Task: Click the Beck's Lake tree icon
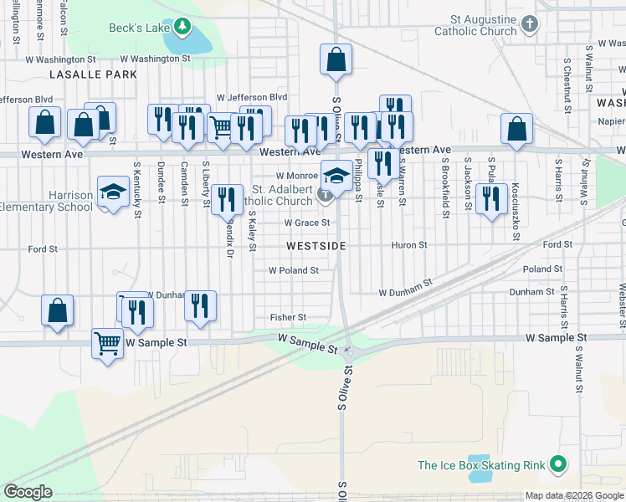(x=182, y=28)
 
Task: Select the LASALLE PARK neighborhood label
(x=81, y=74)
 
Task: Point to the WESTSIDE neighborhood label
(x=316, y=246)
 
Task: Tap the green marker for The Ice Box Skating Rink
(x=558, y=465)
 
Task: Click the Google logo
(x=28, y=492)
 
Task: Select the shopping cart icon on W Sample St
(x=107, y=342)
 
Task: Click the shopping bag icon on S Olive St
(x=336, y=59)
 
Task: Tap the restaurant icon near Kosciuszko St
(x=490, y=199)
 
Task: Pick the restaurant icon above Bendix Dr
(x=226, y=199)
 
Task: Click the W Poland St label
(x=293, y=270)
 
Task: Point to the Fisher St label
(x=288, y=318)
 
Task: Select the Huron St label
(x=409, y=245)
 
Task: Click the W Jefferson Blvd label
(x=251, y=98)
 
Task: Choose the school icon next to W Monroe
(x=336, y=176)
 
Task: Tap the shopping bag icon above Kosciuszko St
(x=516, y=129)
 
